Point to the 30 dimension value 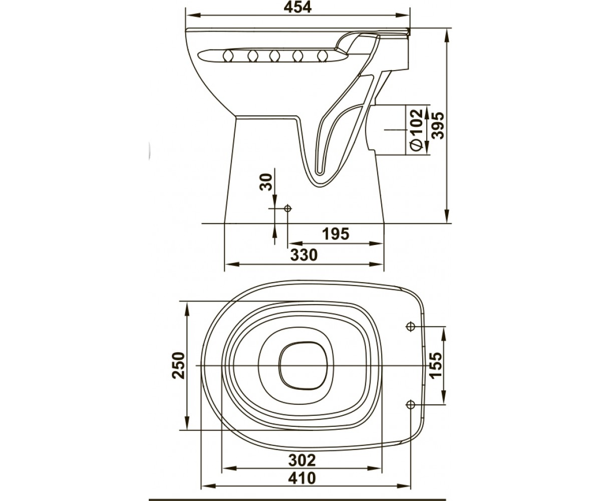(266, 182)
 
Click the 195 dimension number (336, 233)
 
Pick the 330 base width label (304, 255)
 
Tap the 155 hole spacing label (435, 365)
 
